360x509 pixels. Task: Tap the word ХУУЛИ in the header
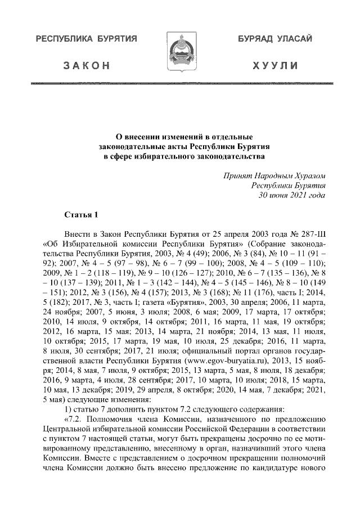275,66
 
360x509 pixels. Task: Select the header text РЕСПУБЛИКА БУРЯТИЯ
87,39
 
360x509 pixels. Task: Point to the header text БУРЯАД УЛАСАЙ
275,39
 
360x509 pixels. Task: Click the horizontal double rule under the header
180,84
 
